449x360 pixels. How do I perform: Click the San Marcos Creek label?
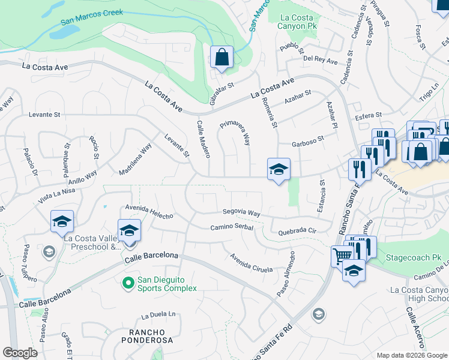91,17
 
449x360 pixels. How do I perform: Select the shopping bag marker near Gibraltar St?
221,58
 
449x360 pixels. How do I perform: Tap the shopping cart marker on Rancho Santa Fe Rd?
342,256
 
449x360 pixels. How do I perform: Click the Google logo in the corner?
20,353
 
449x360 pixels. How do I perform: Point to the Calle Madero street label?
202,138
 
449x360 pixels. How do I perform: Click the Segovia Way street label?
241,213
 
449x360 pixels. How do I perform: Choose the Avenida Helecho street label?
149,211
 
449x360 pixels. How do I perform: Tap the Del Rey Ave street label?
320,60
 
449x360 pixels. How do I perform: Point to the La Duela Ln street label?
158,314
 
